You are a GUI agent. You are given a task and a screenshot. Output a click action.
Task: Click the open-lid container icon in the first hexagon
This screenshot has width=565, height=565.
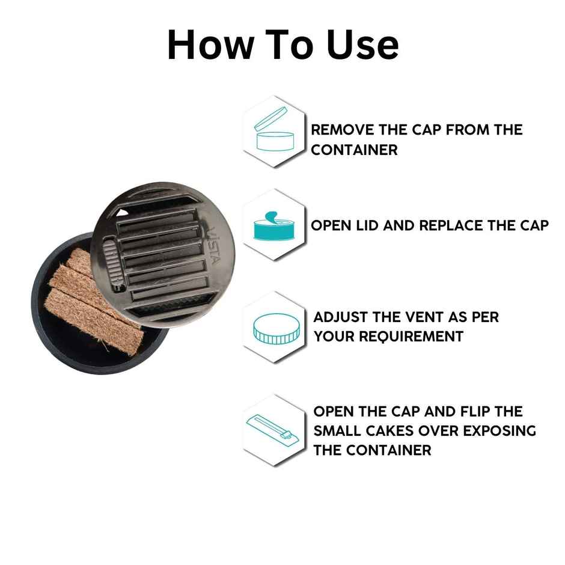274,130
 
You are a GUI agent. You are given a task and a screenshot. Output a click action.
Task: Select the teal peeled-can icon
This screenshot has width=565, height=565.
274,226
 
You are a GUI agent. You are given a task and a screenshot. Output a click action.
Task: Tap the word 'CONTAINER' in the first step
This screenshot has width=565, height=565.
354,150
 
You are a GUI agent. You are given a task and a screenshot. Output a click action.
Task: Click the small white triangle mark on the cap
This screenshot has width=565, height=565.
123,212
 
